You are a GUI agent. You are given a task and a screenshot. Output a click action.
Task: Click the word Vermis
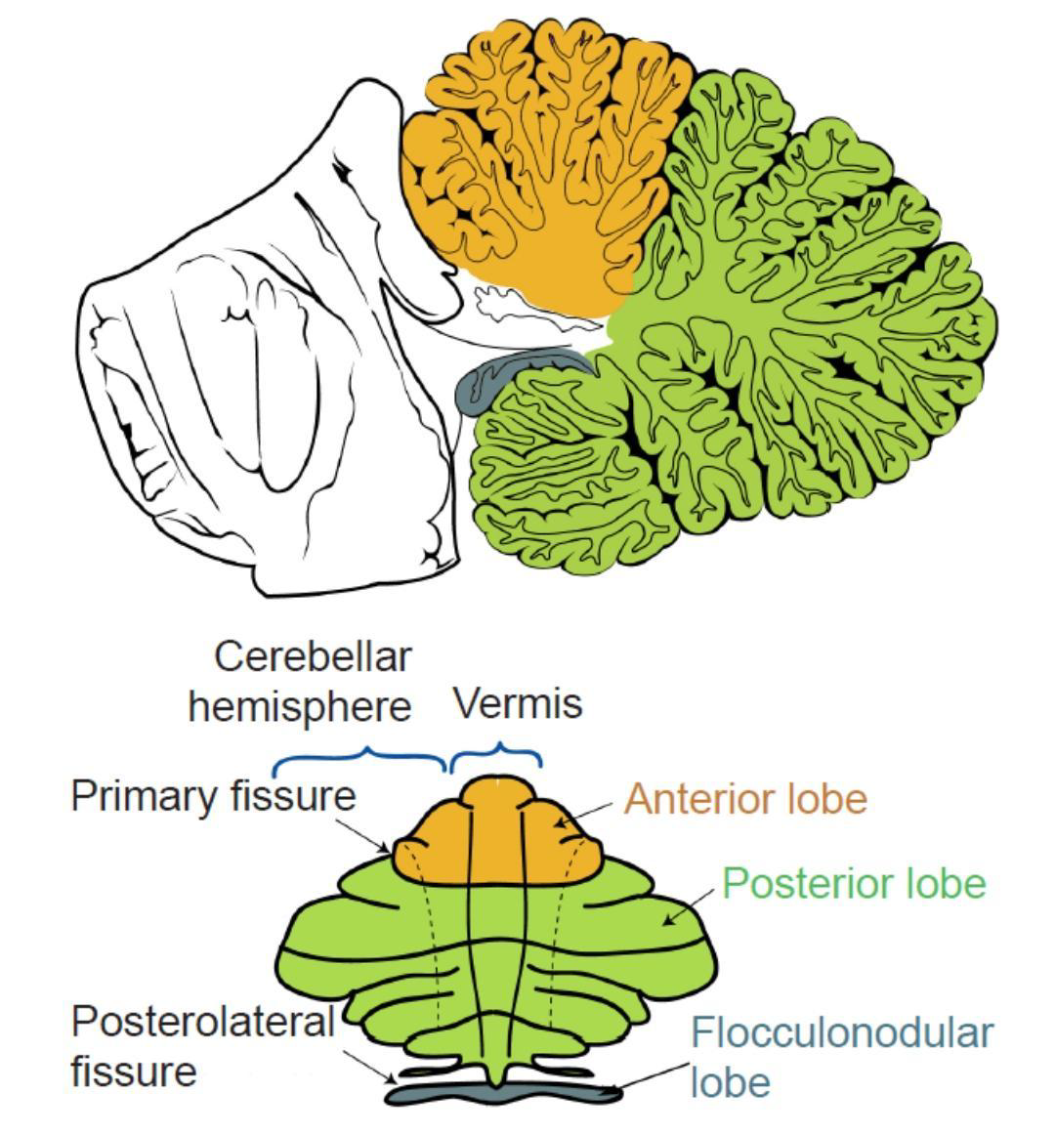(x=517, y=703)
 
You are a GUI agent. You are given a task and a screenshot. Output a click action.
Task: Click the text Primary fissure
(x=213, y=796)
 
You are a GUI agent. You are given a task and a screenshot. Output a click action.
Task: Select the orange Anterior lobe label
(x=745, y=799)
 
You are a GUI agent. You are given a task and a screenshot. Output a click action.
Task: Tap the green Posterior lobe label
(x=854, y=883)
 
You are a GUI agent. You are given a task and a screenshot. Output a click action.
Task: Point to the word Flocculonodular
(x=842, y=1031)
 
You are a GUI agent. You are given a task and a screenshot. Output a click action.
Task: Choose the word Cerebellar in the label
(x=312, y=656)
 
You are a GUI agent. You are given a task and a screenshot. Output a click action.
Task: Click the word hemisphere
(x=299, y=706)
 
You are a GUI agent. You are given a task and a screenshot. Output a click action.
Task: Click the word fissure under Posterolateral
(x=134, y=1072)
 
